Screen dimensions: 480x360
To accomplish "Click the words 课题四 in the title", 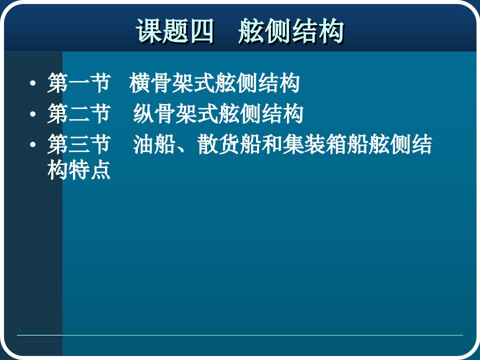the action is (x=175, y=31).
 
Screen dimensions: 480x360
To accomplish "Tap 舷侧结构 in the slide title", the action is (x=291, y=31).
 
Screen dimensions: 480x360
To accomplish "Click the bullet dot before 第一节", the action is (x=33, y=83).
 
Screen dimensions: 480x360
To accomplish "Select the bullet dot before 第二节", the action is (x=33, y=114).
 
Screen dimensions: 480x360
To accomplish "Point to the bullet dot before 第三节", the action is (x=33, y=144).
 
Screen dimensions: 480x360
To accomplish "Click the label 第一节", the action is (x=79, y=83).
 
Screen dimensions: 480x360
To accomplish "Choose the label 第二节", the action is (x=79, y=113).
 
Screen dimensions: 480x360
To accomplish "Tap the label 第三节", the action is (x=79, y=144).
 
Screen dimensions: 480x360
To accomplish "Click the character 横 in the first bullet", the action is (x=140, y=83).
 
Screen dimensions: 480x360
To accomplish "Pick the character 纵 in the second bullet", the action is (x=143, y=113).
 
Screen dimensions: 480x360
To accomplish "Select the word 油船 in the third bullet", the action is (x=154, y=144).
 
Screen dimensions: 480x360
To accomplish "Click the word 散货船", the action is (x=229, y=144).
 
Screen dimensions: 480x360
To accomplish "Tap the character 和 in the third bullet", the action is (x=271, y=144).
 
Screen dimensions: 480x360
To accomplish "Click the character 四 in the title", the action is (x=201, y=31).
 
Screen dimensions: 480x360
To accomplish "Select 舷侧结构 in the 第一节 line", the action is (x=257, y=83).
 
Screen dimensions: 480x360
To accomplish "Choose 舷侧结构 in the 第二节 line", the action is (x=261, y=113).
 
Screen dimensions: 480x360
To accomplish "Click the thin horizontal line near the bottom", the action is (x=239, y=335).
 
